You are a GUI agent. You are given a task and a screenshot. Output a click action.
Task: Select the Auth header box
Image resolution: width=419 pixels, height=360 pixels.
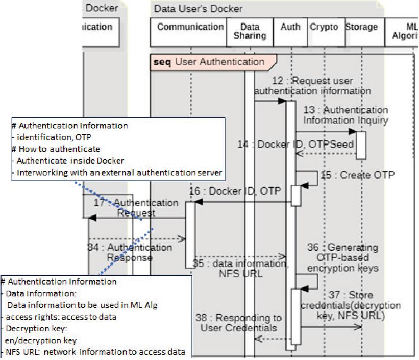click(290, 32)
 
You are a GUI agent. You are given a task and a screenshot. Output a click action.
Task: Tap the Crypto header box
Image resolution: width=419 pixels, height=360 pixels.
click(324, 32)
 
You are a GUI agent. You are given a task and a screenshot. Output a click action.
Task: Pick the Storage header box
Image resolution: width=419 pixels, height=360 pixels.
click(361, 32)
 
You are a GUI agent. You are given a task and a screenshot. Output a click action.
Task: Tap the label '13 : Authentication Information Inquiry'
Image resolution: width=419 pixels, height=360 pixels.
click(346, 115)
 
